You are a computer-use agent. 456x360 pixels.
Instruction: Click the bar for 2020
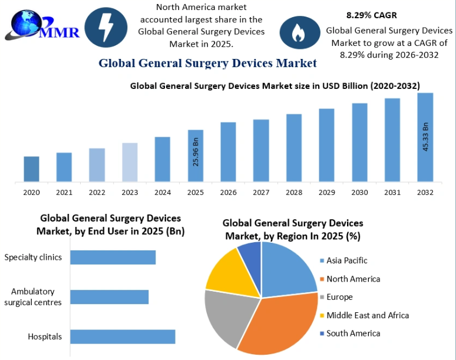(x=31, y=169)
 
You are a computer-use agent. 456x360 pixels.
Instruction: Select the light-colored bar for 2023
(x=130, y=162)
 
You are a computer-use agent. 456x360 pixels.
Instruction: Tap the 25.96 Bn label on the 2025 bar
(x=196, y=152)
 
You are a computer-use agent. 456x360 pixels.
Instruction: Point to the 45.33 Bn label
(x=425, y=137)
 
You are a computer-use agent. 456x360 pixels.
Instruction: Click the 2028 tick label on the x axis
(x=294, y=192)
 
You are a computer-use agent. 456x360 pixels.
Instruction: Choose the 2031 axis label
(x=392, y=192)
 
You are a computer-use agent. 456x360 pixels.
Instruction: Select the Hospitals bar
(x=123, y=337)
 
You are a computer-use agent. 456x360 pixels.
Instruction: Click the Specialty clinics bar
(x=113, y=257)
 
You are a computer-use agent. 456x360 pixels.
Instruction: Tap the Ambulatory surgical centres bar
(x=110, y=297)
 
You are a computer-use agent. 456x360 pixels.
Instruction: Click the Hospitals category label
(x=45, y=336)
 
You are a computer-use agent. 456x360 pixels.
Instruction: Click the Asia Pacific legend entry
(x=343, y=260)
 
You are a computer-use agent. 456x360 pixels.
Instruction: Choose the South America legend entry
(x=350, y=333)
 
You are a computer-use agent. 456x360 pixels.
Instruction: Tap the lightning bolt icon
(x=105, y=27)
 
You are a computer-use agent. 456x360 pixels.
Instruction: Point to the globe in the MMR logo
(x=26, y=23)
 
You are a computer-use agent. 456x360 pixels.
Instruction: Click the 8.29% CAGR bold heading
(x=371, y=15)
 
